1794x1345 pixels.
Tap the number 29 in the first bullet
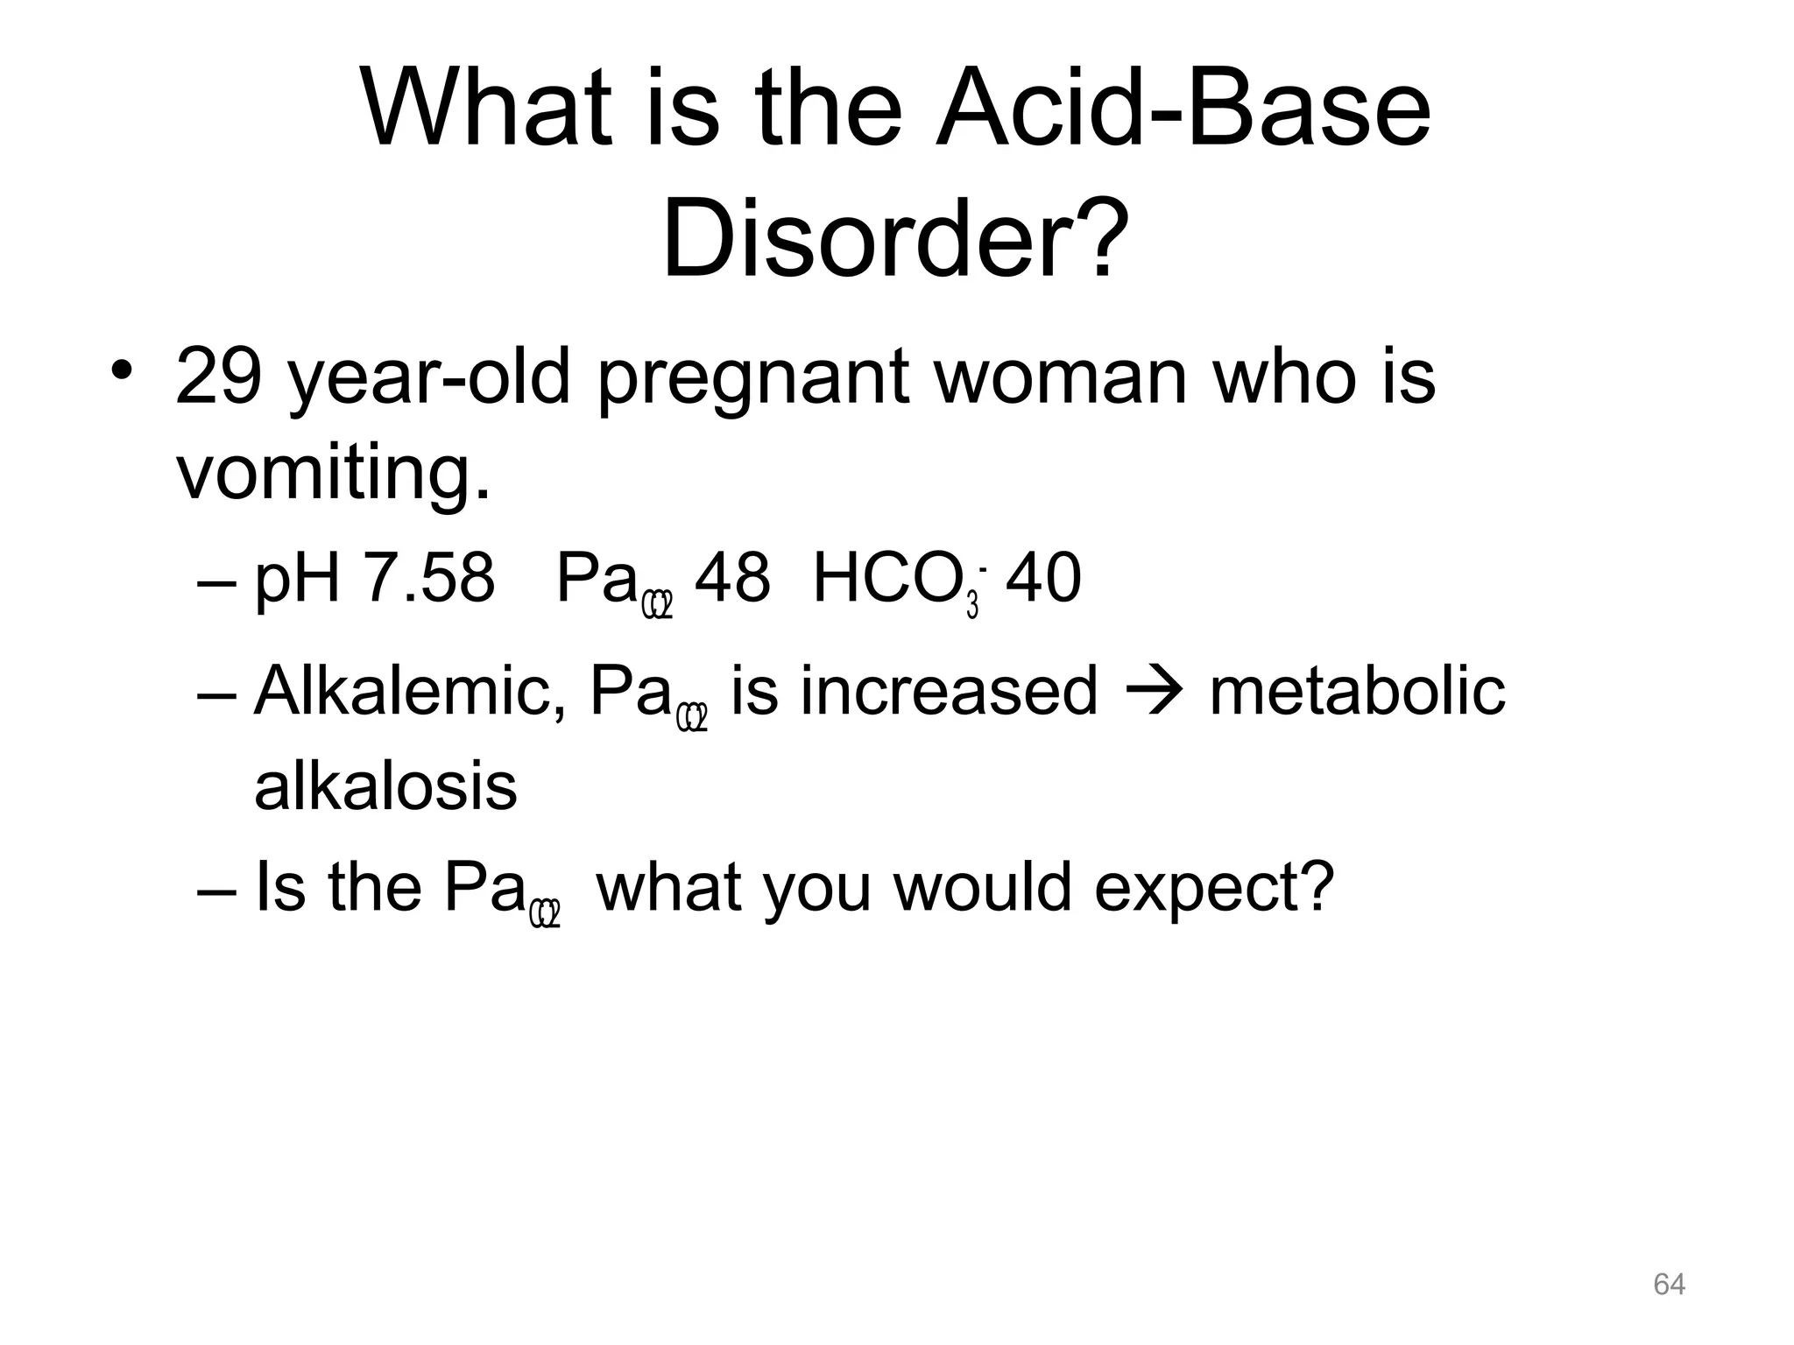pyautogui.click(x=219, y=377)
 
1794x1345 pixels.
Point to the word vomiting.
pyautogui.click(x=333, y=474)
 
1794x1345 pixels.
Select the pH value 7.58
pyautogui.click(x=428, y=579)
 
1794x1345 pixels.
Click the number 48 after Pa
pyautogui.click(x=732, y=579)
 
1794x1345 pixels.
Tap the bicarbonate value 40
pyautogui.click(x=1043, y=579)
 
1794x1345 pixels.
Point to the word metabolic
pyautogui.click(x=1357, y=691)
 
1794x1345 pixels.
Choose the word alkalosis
pyautogui.click(x=385, y=786)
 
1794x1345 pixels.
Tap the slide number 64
pyautogui.click(x=1669, y=1285)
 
